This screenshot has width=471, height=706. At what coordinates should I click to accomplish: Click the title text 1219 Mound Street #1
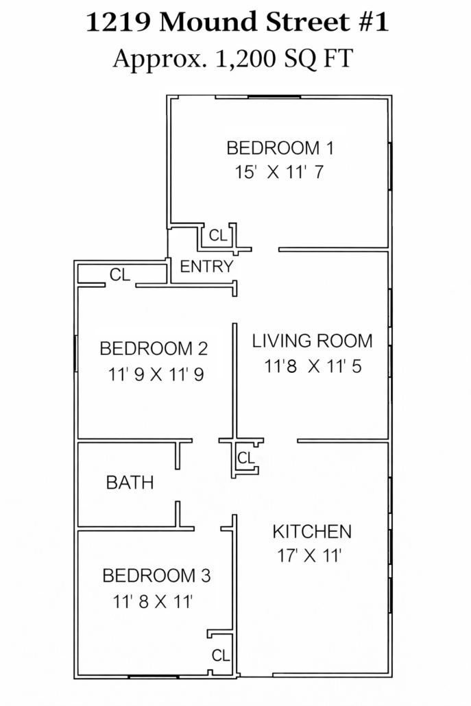237,22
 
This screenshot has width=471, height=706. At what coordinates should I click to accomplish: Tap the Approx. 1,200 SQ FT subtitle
232,59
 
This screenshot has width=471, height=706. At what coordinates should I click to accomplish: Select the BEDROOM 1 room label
280,148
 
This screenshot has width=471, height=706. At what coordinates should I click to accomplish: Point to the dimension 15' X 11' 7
279,172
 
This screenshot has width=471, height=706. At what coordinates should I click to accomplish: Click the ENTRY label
206,267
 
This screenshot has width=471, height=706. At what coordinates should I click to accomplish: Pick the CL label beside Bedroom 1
219,235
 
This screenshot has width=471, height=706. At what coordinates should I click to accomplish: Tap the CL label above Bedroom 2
120,274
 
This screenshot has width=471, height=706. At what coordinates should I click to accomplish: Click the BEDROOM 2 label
154,348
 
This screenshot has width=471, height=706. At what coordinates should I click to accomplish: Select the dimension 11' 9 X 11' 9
156,374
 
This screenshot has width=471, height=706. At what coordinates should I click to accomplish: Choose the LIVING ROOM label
312,341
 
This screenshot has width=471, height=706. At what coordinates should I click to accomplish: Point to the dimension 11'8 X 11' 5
313,366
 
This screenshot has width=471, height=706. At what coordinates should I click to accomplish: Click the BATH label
130,483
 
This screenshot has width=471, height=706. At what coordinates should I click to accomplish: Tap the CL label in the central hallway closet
246,458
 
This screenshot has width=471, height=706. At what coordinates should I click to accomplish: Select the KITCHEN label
312,532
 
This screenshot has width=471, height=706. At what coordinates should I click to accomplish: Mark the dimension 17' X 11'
309,556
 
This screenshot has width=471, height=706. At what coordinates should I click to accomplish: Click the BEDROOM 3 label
156,576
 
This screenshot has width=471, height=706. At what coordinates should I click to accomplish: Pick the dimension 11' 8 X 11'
153,601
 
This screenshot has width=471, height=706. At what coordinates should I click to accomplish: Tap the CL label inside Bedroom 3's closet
221,655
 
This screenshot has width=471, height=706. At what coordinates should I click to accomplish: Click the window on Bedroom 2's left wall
75,354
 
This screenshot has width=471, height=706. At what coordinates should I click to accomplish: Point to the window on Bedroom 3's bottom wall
153,677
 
